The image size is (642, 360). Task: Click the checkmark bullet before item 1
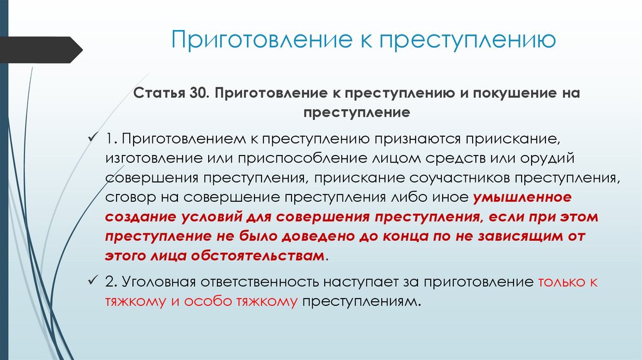[95, 137]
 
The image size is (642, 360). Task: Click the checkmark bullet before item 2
[95, 281]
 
